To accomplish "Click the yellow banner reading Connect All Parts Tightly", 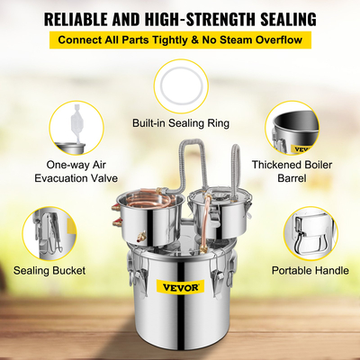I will click(180, 40).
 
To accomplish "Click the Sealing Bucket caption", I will click(51, 269).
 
